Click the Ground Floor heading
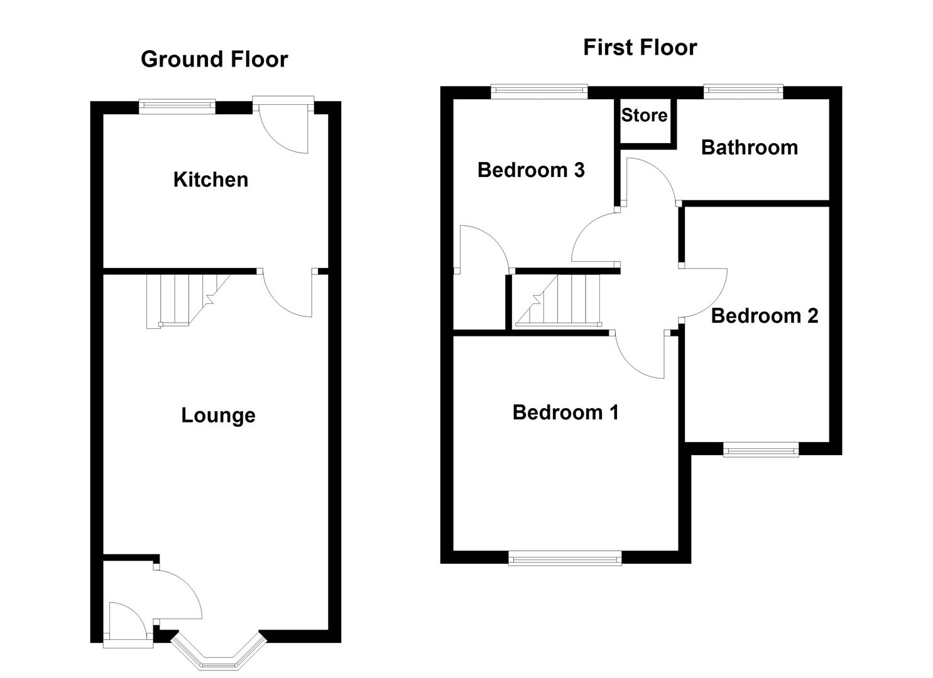(214, 59)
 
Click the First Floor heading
(640, 48)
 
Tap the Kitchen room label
(210, 180)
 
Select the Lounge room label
(218, 416)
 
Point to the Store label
(644, 116)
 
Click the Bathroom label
(749, 148)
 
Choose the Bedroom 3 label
(531, 170)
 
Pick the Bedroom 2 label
(764, 316)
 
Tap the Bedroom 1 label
(565, 412)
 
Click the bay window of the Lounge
(219, 656)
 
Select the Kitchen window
(177, 106)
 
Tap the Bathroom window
(743, 92)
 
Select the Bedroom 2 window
(760, 449)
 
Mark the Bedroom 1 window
(564, 557)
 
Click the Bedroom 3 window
(538, 92)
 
